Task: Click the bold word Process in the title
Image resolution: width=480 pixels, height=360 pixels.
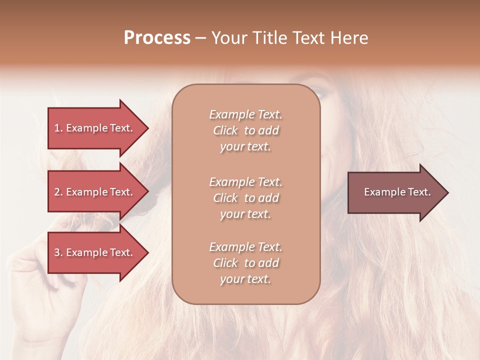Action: coord(157,38)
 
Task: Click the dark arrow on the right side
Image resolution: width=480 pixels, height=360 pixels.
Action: coord(395,192)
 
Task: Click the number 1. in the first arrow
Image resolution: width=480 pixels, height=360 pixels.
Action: coord(58,128)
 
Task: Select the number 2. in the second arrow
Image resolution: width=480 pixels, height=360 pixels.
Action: coord(58,192)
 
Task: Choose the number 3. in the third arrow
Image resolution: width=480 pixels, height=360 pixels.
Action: coord(58,252)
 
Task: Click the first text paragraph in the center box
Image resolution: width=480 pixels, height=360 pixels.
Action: coord(245,130)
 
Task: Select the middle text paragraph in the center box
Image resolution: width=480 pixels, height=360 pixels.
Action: coord(245,198)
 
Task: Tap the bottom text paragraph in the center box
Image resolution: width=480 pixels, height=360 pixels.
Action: coord(245,263)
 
